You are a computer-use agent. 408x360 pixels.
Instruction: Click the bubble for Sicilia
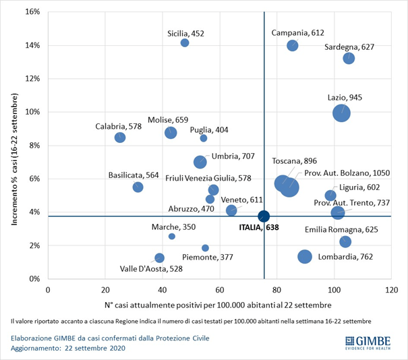(185, 43)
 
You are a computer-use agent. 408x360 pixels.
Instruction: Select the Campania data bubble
(292, 45)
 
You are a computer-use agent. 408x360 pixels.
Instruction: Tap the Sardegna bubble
(349, 58)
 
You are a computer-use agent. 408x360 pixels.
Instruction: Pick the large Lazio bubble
(341, 113)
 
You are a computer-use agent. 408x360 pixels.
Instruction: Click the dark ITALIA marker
(264, 216)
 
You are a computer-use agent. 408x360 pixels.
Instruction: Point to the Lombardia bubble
(305, 256)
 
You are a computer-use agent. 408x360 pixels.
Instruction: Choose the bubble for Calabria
(120, 137)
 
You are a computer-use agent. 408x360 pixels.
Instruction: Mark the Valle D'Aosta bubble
(159, 258)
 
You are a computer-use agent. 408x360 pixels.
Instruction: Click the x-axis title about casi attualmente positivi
(218, 303)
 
